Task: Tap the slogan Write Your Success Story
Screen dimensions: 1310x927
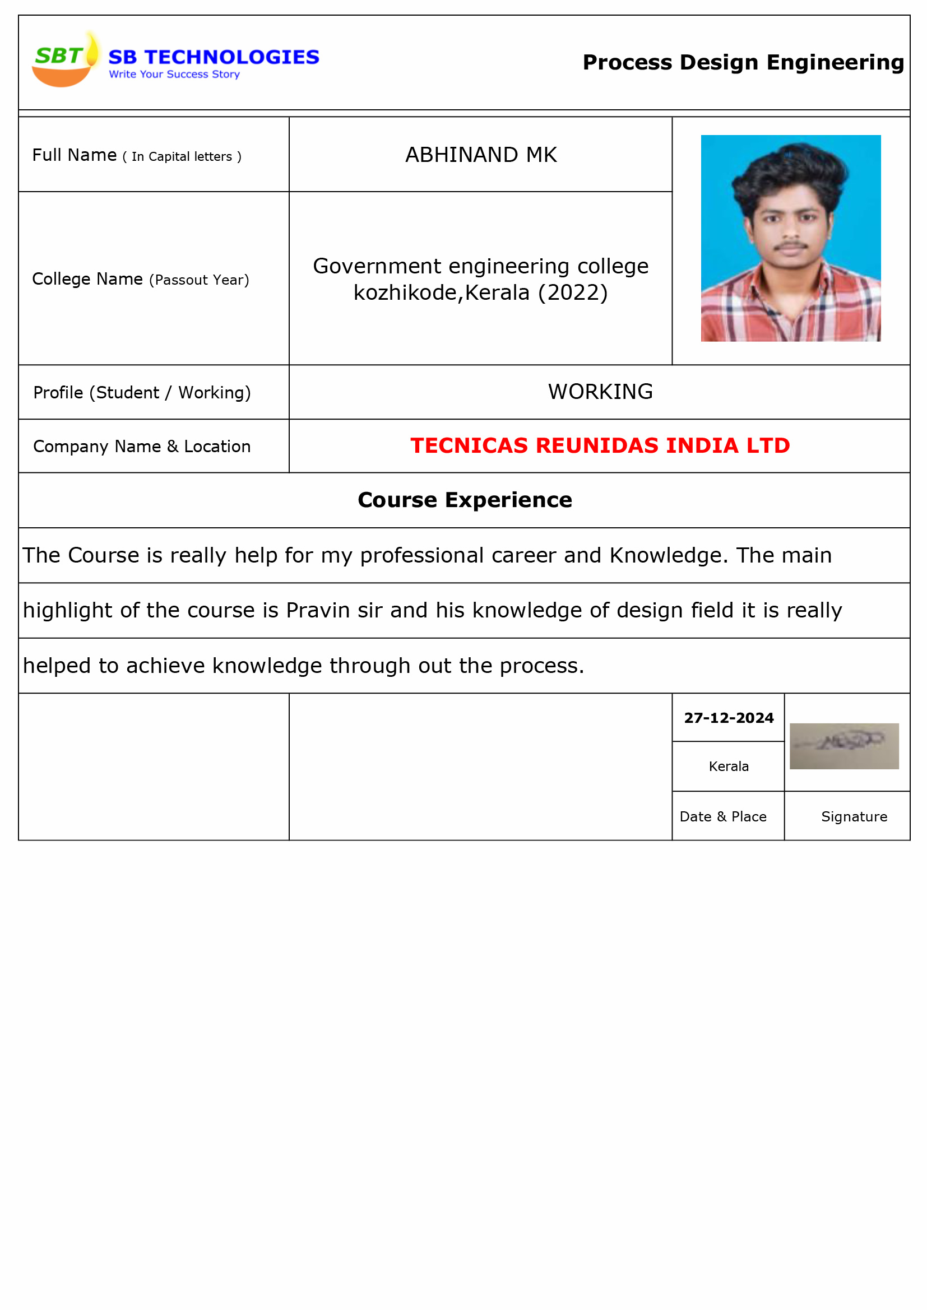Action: pyautogui.click(x=174, y=74)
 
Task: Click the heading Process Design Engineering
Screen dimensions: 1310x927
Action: pyautogui.click(x=743, y=62)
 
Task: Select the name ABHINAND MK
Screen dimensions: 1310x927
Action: pyautogui.click(x=481, y=155)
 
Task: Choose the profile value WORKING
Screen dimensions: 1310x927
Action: pyautogui.click(x=600, y=392)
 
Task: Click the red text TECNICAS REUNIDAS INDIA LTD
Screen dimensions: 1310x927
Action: pyautogui.click(x=600, y=445)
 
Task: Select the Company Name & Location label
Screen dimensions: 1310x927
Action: pyautogui.click(x=142, y=446)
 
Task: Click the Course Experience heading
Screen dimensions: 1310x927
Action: pyautogui.click(x=464, y=500)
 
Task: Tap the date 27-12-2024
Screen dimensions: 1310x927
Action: pyautogui.click(x=729, y=718)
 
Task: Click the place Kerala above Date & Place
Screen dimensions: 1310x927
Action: pyautogui.click(x=729, y=767)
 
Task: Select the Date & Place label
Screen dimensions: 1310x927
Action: pyautogui.click(x=722, y=816)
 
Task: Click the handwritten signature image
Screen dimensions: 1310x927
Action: pyautogui.click(x=843, y=746)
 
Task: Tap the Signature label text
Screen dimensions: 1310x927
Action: pyautogui.click(x=854, y=816)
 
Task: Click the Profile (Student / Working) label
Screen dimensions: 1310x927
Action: pyautogui.click(x=142, y=393)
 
